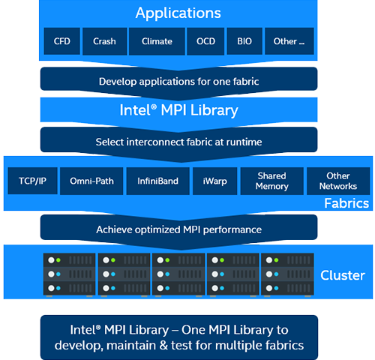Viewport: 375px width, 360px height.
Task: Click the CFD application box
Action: coord(62,41)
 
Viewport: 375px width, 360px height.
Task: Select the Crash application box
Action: coord(104,41)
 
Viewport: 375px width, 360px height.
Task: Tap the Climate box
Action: coord(157,41)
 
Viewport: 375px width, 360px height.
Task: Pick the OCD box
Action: coord(205,41)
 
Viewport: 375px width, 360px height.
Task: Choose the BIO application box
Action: coord(244,41)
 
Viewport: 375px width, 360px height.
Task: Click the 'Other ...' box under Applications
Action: coord(289,41)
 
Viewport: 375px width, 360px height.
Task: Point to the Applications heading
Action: coord(178,13)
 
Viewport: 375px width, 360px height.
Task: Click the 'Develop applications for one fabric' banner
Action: coord(178,81)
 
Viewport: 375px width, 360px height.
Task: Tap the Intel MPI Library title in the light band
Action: coord(178,110)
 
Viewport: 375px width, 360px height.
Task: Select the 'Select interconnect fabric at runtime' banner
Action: coord(178,142)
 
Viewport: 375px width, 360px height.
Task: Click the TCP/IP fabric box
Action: coord(32,181)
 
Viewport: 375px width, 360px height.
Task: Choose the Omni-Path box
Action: coord(91,181)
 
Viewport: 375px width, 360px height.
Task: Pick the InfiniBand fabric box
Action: coord(158,181)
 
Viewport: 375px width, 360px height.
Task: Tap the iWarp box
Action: coord(214,181)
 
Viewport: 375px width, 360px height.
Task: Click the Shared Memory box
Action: coord(272,181)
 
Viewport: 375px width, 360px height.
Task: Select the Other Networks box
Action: coord(338,181)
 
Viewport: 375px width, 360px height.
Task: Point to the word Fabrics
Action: coord(346,203)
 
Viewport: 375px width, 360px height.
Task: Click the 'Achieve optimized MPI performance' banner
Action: coord(178,229)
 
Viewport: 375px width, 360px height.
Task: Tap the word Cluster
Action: coord(343,275)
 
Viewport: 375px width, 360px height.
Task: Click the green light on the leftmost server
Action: coord(58,260)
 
